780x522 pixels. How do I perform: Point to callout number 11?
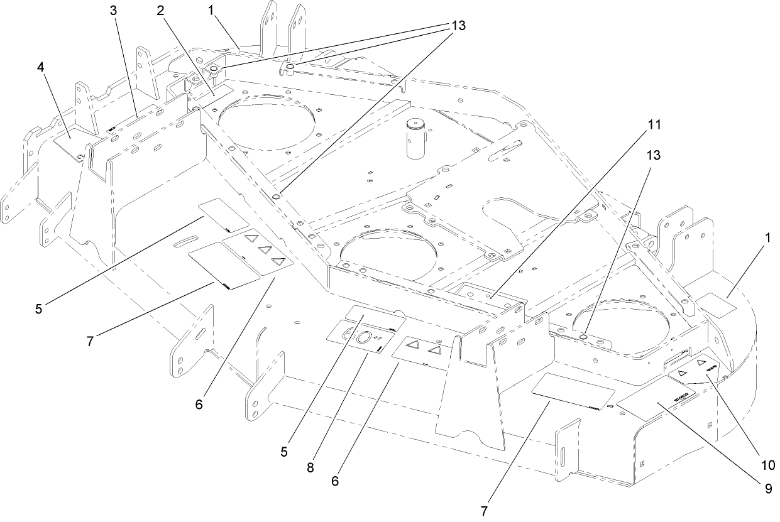[654, 124]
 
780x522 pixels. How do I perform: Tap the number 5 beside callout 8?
[284, 451]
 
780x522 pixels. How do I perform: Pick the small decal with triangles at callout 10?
[695, 374]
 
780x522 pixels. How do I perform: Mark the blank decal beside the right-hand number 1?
[715, 305]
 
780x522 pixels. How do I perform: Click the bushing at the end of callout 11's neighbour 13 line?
[584, 337]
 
